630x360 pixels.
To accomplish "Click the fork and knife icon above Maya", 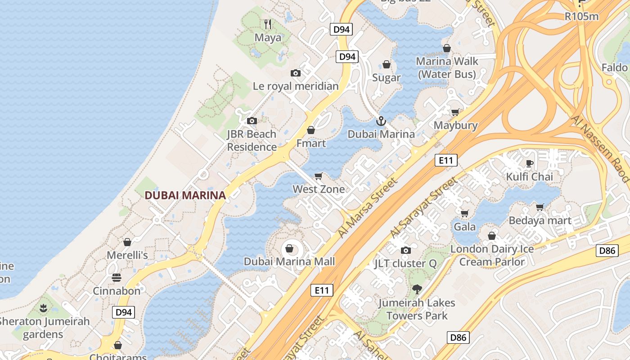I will point(268,24).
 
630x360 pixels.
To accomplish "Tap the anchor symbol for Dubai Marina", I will point(381,121).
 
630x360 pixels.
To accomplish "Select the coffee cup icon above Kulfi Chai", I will point(529,163).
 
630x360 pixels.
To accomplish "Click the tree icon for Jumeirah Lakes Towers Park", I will point(417,289).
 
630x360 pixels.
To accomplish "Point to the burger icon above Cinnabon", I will point(117,277).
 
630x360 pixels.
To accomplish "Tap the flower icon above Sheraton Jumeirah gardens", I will point(44,308).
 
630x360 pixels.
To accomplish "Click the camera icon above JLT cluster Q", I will point(405,250).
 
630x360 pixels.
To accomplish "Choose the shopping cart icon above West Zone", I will point(319,176).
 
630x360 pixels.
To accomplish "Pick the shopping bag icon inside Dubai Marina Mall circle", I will point(289,248).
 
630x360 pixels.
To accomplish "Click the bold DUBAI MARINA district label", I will point(185,195).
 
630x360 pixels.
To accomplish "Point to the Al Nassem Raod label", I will point(601,148).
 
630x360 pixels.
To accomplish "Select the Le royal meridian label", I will point(296,86).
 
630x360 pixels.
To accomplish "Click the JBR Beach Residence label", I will point(252,140).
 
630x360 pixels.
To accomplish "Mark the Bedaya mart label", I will point(540,220).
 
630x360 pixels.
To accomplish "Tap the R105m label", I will point(582,17).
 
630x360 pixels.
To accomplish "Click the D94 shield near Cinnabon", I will point(123,312).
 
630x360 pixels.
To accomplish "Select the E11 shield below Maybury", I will point(446,160).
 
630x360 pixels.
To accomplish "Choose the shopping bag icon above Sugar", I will point(386,65).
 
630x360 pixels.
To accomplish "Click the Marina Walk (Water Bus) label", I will point(447,67).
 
